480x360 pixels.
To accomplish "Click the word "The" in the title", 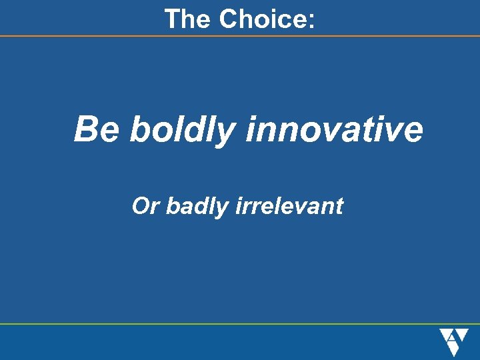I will pyautogui.click(x=188, y=19).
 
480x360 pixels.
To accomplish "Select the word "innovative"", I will pyautogui.click(x=334, y=129).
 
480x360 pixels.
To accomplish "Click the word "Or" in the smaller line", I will pyautogui.click(x=146, y=207).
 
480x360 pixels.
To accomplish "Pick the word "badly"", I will pyautogui.click(x=197, y=207).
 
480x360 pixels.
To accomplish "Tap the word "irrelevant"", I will pyautogui.click(x=289, y=207).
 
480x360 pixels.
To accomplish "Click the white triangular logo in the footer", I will pyautogui.click(x=453, y=342).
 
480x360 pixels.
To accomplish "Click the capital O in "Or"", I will pyautogui.click(x=141, y=207).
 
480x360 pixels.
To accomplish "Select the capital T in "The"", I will pyautogui.click(x=173, y=19).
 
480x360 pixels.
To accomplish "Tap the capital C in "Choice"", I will pyautogui.click(x=229, y=19).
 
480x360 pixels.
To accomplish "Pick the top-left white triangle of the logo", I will pyautogui.click(x=445, y=333).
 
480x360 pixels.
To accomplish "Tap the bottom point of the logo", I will pyautogui.click(x=453, y=355).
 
